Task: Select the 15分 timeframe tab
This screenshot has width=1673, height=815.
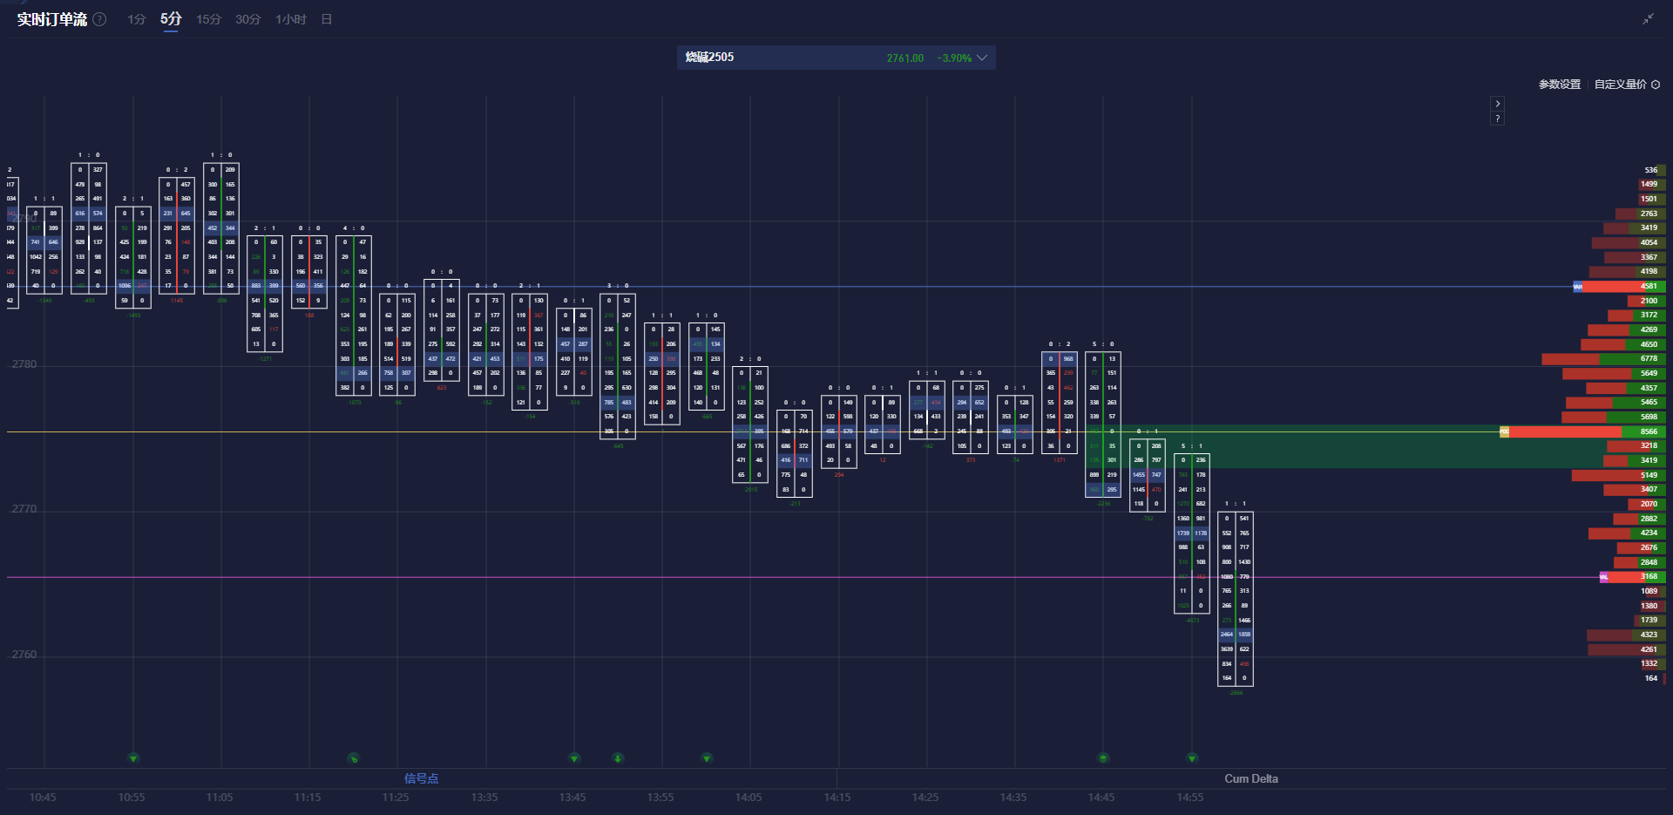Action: click(208, 19)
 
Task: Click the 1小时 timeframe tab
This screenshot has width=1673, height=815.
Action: click(290, 19)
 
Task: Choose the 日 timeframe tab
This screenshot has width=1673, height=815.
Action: click(327, 19)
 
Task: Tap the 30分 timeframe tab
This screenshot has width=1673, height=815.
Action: click(247, 19)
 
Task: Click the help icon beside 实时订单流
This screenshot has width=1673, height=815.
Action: click(100, 19)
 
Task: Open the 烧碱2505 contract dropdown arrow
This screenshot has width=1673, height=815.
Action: click(982, 58)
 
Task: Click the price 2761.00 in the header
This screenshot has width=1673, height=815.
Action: click(904, 58)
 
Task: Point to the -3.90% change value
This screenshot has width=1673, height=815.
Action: click(953, 58)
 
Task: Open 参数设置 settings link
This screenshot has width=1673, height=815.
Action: click(1559, 85)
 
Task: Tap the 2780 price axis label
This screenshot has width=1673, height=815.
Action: click(24, 364)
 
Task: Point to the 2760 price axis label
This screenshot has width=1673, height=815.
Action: click(24, 655)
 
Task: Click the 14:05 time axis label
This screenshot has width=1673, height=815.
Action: click(748, 798)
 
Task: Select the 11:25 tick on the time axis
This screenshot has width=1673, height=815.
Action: click(396, 798)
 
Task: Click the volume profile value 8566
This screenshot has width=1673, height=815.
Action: click(1649, 431)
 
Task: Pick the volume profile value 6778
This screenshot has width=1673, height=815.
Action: click(1649, 358)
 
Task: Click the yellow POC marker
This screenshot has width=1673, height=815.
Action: click(1504, 431)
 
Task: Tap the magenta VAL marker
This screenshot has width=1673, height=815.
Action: click(1603, 577)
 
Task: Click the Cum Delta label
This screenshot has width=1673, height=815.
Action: click(1250, 778)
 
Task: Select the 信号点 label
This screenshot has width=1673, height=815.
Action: click(421, 778)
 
